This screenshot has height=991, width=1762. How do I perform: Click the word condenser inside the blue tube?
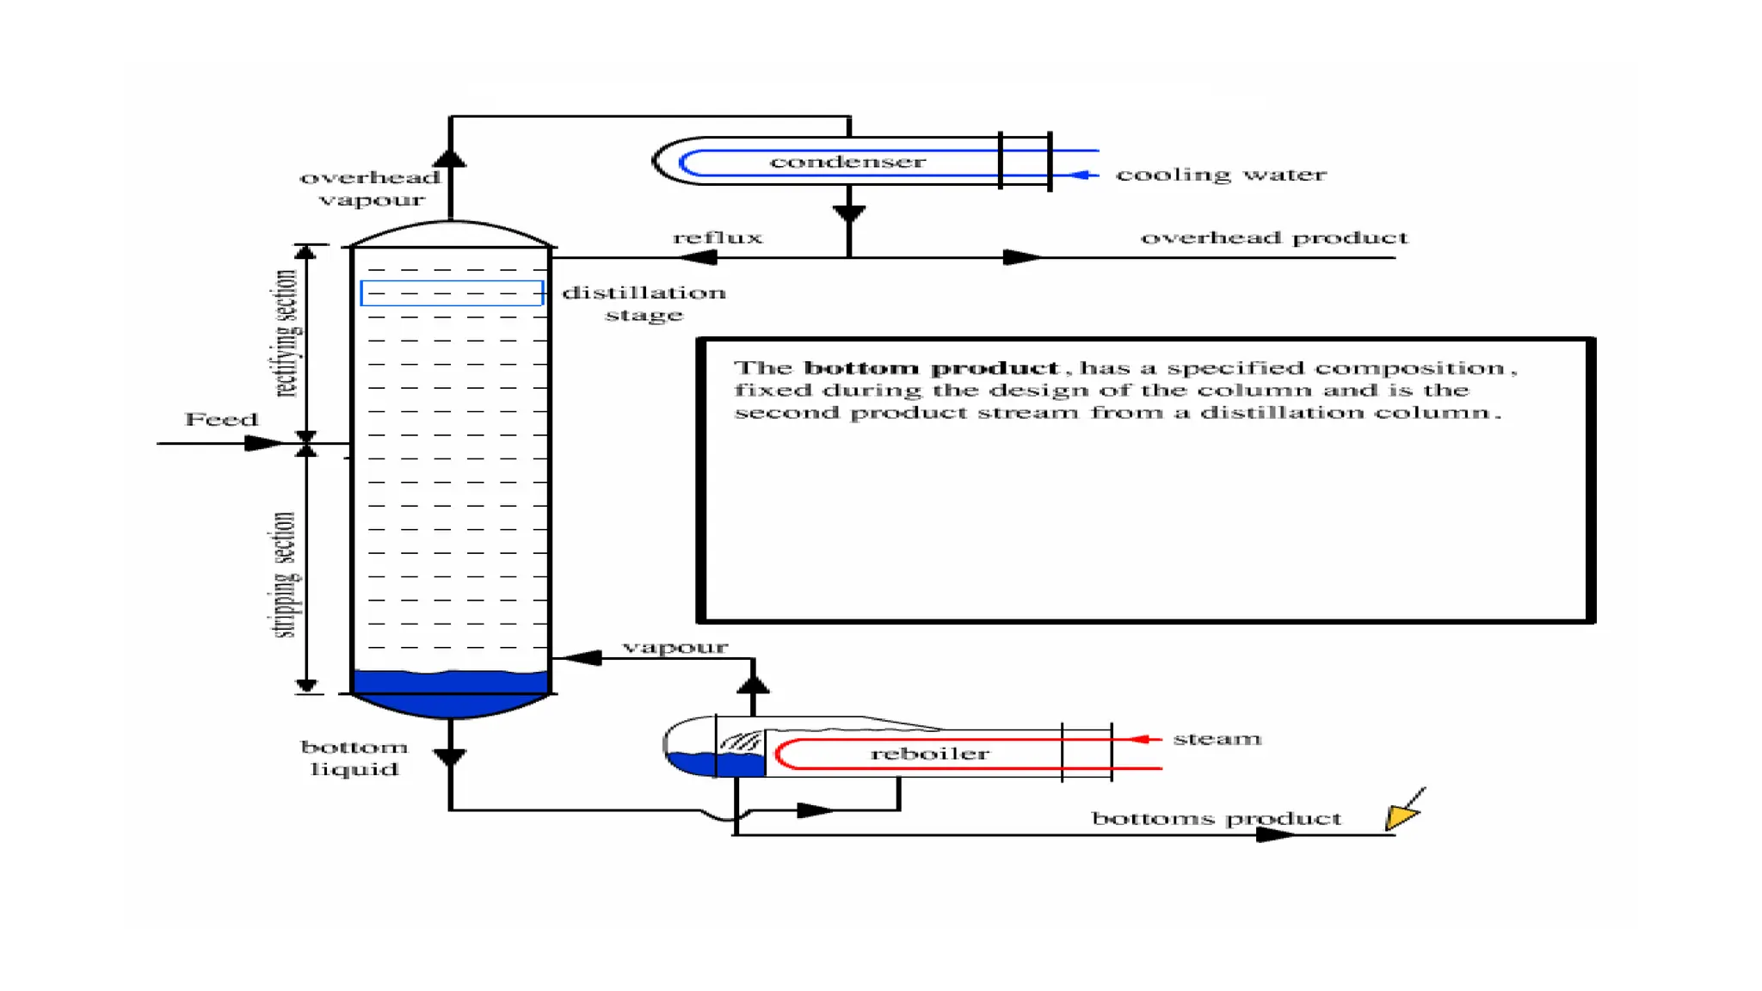click(x=847, y=162)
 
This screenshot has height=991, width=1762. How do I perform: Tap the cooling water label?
click(x=1220, y=175)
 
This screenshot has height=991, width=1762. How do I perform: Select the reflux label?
click(x=718, y=237)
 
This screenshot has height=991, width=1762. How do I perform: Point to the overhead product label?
click(x=1273, y=237)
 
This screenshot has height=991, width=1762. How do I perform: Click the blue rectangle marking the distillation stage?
click(x=451, y=292)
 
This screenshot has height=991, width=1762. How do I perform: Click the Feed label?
click(x=221, y=420)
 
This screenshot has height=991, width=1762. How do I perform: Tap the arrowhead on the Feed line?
click(x=262, y=444)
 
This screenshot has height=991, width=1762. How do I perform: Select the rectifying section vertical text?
click(x=286, y=334)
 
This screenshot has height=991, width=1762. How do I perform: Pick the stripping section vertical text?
click(x=285, y=575)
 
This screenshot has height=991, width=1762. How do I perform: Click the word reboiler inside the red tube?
click(x=929, y=754)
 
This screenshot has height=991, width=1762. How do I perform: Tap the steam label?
click(x=1217, y=739)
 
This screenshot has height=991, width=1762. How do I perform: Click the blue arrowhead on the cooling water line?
click(x=1081, y=175)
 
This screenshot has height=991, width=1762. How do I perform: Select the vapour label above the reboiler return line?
click(x=675, y=647)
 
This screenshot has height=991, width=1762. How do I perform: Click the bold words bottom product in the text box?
click(x=930, y=368)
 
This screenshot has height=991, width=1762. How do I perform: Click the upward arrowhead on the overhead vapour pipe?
click(x=450, y=157)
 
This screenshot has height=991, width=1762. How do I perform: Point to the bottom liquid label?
click(x=354, y=758)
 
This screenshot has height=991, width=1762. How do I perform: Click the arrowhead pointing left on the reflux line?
click(x=699, y=257)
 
